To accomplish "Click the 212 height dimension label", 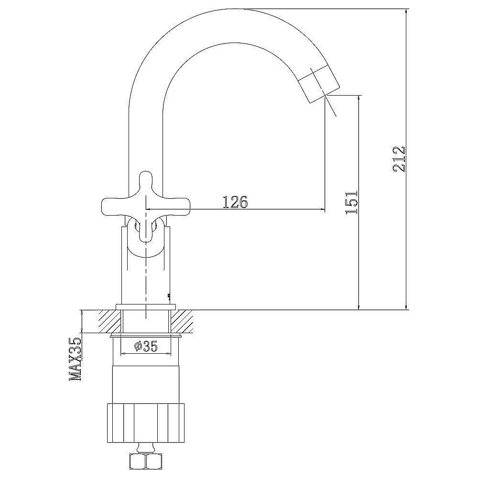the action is click(x=399, y=159).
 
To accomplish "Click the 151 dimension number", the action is click(x=351, y=202).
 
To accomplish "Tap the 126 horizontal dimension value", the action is click(x=235, y=202).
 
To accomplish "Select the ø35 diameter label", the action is click(x=145, y=346).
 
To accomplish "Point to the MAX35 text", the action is click(x=76, y=359).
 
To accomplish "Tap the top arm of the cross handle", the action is click(x=146, y=185).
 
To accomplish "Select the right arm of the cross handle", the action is click(x=175, y=205).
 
